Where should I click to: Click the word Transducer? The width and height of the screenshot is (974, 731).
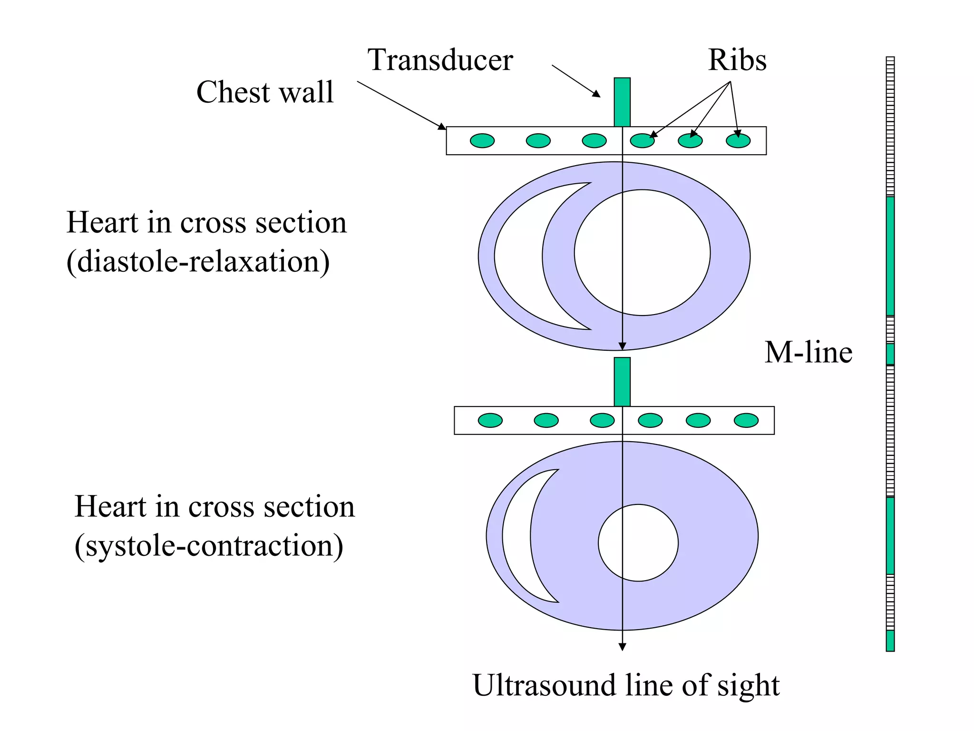tap(440, 60)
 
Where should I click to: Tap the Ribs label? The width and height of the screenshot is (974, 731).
tap(737, 60)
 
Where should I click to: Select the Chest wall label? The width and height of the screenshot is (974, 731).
tap(265, 92)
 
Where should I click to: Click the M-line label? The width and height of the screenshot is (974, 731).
tap(808, 353)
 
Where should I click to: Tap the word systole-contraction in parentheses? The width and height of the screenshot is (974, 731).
tap(209, 545)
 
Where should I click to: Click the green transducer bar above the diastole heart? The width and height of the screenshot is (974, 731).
tap(622, 102)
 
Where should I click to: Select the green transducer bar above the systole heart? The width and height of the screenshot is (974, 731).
tap(622, 382)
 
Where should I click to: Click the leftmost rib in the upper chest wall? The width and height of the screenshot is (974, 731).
tap(482, 141)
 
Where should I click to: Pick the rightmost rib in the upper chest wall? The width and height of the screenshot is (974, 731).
tap(738, 141)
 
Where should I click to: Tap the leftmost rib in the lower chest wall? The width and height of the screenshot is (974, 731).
tap(490, 421)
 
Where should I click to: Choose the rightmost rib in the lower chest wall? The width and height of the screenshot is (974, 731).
tap(746, 421)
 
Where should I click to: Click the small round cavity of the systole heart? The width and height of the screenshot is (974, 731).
tap(638, 543)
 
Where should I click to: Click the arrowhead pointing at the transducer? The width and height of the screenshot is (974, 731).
tap(597, 94)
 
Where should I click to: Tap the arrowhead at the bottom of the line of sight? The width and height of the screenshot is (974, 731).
tap(622, 647)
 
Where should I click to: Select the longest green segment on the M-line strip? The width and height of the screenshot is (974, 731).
tap(890, 256)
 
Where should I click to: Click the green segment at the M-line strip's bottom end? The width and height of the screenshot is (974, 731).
tap(890, 641)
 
